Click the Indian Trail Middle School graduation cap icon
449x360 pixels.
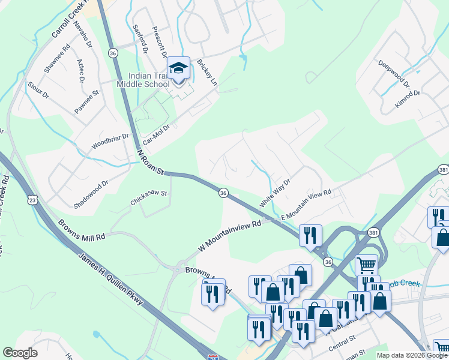click(x=178, y=68)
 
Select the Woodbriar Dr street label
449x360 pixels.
click(x=110, y=142)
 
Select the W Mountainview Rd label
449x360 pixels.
click(x=231, y=236)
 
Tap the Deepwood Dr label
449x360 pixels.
click(x=394, y=73)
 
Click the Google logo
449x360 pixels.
click(x=20, y=352)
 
